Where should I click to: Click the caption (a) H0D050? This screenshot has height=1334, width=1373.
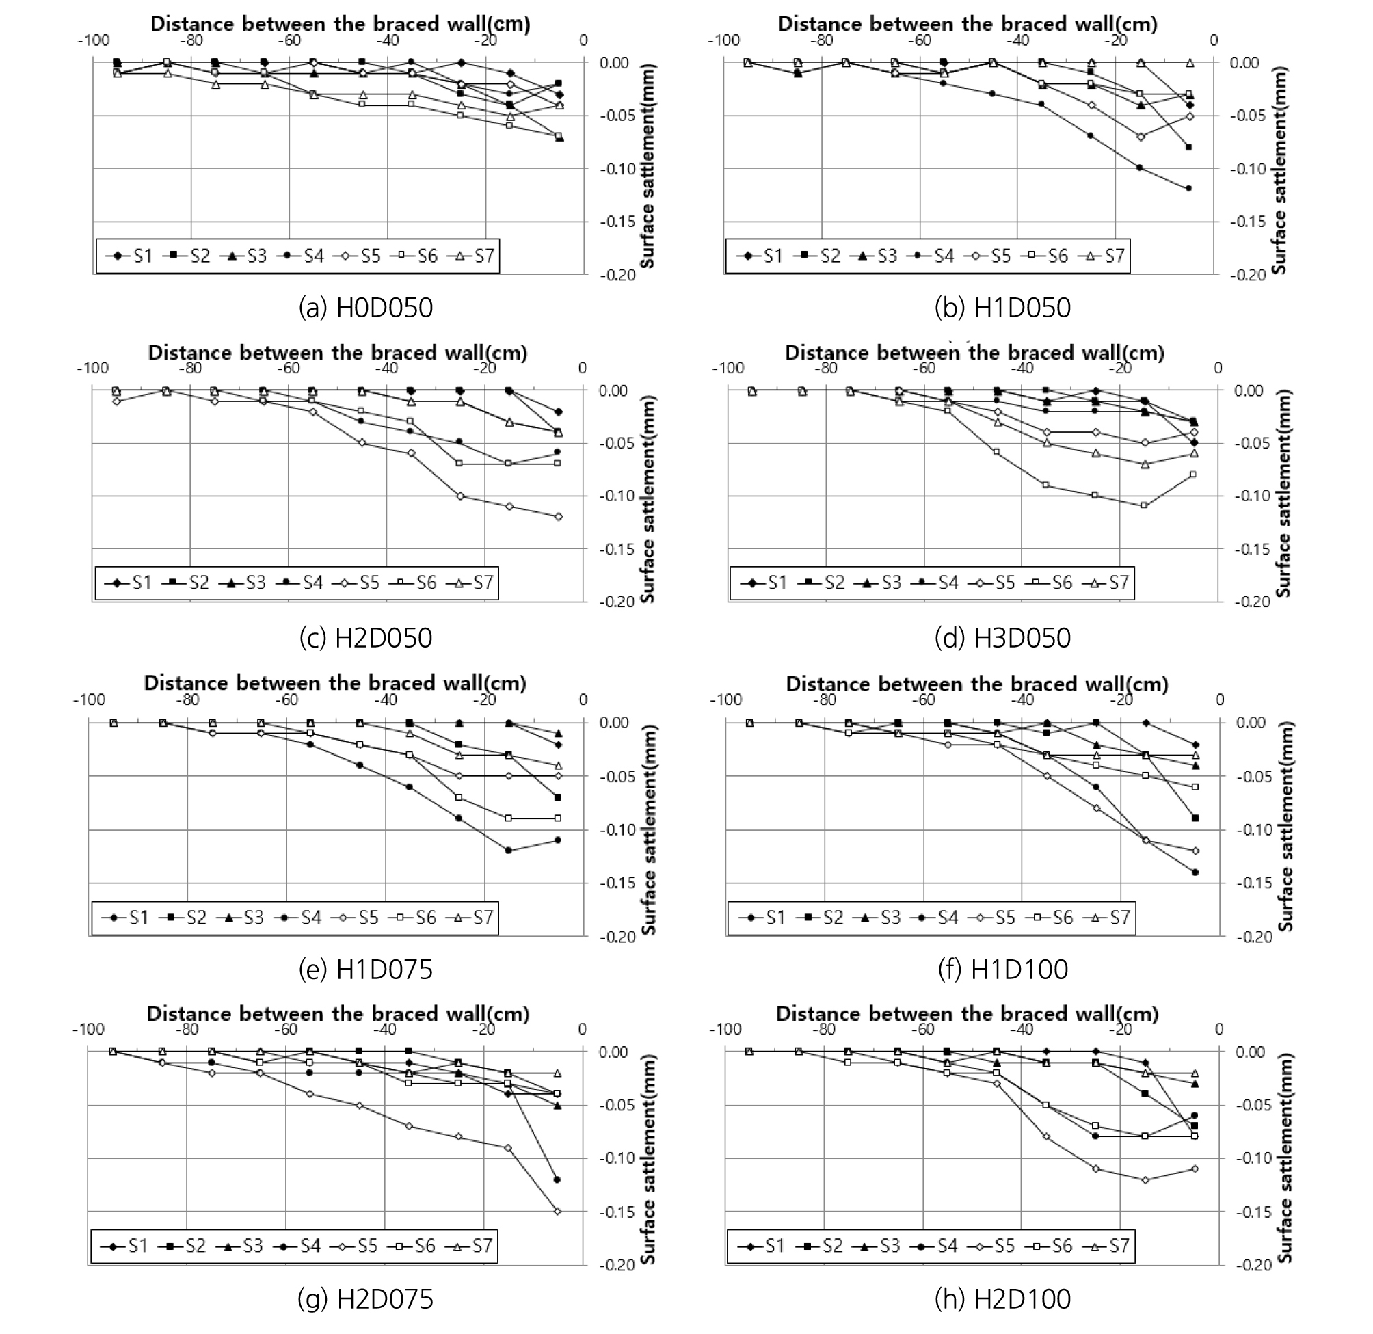366,308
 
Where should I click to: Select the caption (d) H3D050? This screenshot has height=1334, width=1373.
1002,637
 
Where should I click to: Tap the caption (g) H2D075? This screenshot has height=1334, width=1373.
366,1299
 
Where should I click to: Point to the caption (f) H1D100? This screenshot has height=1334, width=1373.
1002,970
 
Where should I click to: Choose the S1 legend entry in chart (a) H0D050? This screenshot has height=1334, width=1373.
130,256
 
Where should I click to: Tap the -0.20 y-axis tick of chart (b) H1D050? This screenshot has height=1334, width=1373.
1249,276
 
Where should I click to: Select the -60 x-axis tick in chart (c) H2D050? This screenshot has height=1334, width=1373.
288,368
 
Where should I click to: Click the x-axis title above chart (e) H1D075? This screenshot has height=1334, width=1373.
335,683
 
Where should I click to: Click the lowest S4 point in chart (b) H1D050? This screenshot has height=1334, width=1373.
1189,189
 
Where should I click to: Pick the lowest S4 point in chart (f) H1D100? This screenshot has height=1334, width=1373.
1195,872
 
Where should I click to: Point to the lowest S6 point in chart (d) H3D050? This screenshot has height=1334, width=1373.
1144,505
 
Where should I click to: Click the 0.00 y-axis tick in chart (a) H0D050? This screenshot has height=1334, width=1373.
614,63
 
